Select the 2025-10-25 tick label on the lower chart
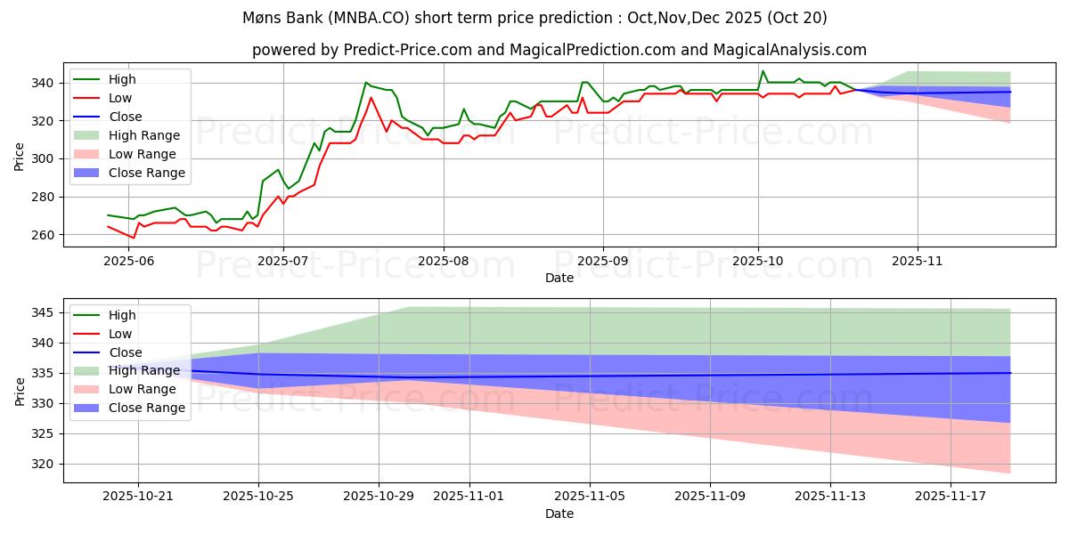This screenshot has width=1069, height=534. click(258, 496)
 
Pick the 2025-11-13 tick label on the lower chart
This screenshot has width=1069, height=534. click(830, 496)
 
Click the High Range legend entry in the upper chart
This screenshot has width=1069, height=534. click(144, 135)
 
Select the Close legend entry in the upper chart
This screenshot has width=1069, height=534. click(126, 117)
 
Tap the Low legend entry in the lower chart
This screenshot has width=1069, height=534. click(120, 334)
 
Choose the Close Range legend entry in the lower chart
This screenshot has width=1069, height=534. click(147, 408)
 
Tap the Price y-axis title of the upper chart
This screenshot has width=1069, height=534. click(20, 157)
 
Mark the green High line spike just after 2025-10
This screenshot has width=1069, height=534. click(763, 71)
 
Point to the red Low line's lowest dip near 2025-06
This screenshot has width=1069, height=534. click(133, 238)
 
